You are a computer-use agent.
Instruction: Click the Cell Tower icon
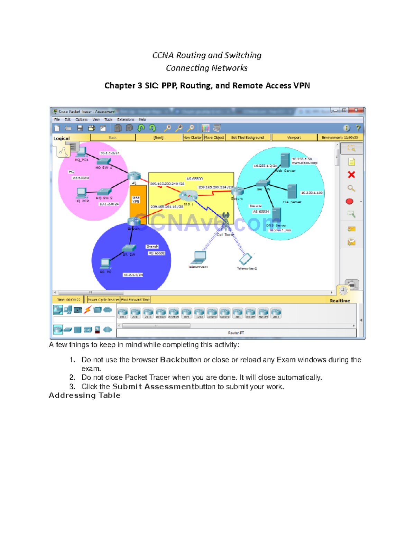(226, 222)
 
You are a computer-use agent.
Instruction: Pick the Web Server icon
(285, 160)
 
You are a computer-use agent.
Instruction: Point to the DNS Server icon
(276, 215)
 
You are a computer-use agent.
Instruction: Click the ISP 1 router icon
(188, 195)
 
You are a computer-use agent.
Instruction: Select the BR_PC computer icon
(105, 263)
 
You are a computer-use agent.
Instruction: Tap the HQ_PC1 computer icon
(82, 152)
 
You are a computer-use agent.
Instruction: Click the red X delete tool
(351, 175)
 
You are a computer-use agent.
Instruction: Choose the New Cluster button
(192, 138)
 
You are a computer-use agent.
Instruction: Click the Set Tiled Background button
(247, 138)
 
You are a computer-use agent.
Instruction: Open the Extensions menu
(126, 120)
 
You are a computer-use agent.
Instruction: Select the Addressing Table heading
(84, 396)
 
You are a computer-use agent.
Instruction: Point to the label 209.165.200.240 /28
(167, 184)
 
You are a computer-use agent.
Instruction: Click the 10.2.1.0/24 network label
(133, 275)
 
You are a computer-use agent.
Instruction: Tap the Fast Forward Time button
(135, 300)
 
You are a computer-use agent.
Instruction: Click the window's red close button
(356, 110)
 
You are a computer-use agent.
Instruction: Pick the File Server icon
(292, 191)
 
